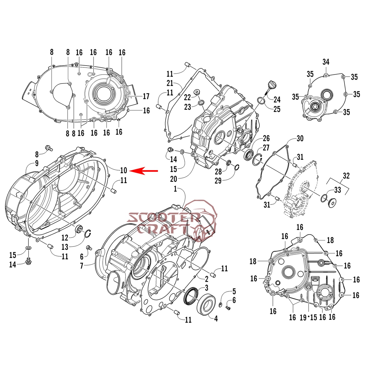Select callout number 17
tap(146, 96)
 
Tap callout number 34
tap(326, 62)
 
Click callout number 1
tap(175, 189)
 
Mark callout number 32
tap(346, 176)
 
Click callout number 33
tap(337, 190)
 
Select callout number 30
tap(300, 138)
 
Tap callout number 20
tap(174, 179)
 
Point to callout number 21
tap(170, 83)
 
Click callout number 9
tap(37, 163)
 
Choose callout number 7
tap(81, 266)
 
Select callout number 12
tap(65, 238)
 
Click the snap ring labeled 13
tap(88, 234)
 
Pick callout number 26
tap(266, 138)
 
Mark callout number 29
tap(218, 181)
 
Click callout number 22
tap(187, 97)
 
